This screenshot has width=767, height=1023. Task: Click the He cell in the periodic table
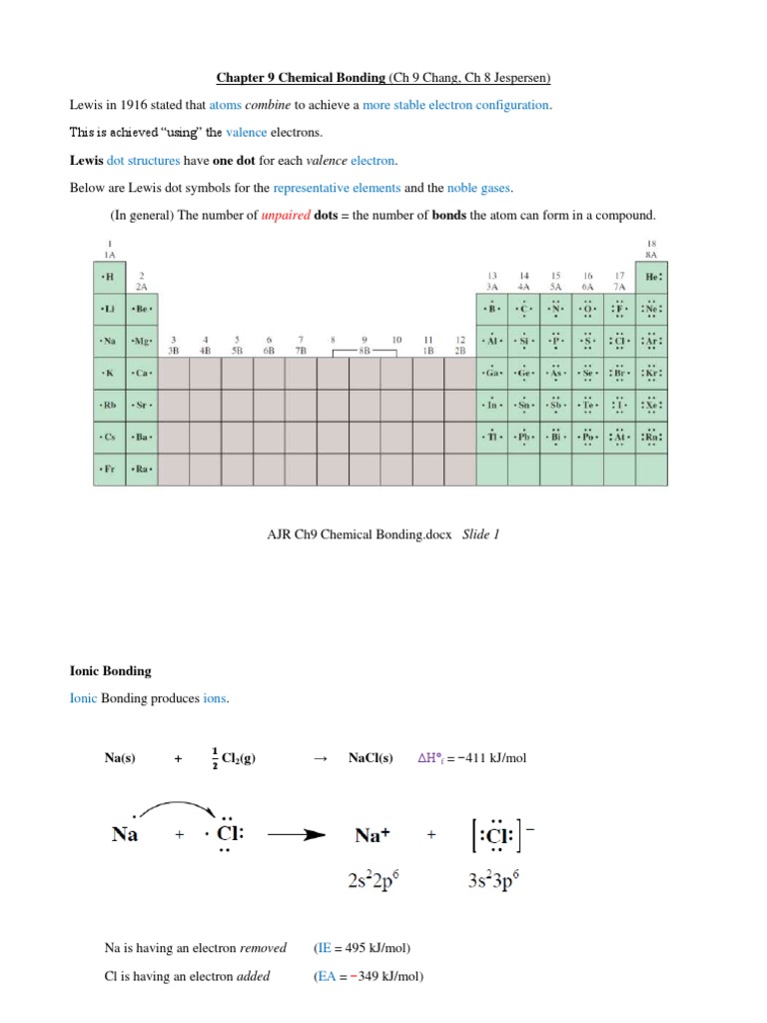pyautogui.click(x=653, y=277)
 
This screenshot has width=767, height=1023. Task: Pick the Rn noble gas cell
pyautogui.click(x=653, y=437)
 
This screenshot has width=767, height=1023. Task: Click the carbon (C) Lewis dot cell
pyautogui.click(x=523, y=309)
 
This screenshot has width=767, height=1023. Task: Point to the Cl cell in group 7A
pyautogui.click(x=620, y=341)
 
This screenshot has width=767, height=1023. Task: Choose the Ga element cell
pyautogui.click(x=491, y=373)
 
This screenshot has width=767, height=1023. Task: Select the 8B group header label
pyautogui.click(x=365, y=351)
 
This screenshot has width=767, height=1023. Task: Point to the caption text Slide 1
pyautogui.click(x=480, y=534)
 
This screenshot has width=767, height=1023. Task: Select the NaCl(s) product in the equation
pyautogui.click(x=371, y=758)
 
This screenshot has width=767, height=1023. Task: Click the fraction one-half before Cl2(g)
pyautogui.click(x=215, y=758)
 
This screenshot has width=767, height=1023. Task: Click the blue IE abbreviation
pyautogui.click(x=323, y=948)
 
